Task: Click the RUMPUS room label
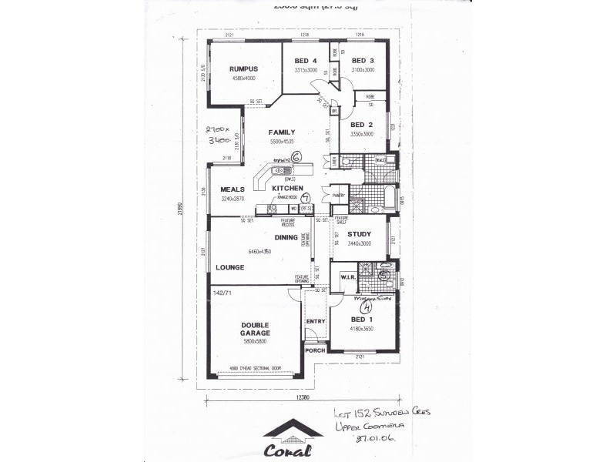[243, 69]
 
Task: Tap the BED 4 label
[306, 62]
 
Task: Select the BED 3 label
[363, 62]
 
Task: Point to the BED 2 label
[361, 125]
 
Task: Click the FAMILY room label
[282, 132]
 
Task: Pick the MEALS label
[233, 189]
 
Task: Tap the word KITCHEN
[286, 188]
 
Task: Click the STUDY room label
[359, 234]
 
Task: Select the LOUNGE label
[230, 268]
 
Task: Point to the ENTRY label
[316, 321]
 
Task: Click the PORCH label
[314, 350]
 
